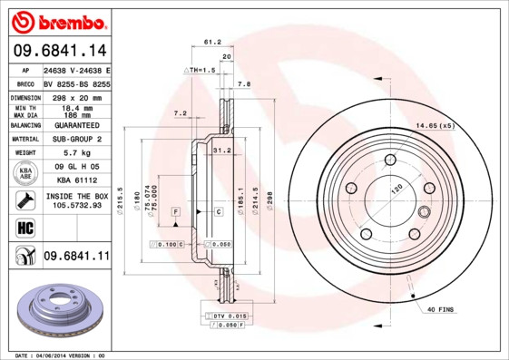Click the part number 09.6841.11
pyautogui.click(x=76, y=257)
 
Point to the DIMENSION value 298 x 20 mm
pyautogui.click(x=76, y=97)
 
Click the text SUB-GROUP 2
pyautogui.click(x=76, y=140)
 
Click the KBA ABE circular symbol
pyautogui.click(x=24, y=173)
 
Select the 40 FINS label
pyautogui.click(x=442, y=309)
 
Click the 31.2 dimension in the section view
pyautogui.click(x=220, y=151)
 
